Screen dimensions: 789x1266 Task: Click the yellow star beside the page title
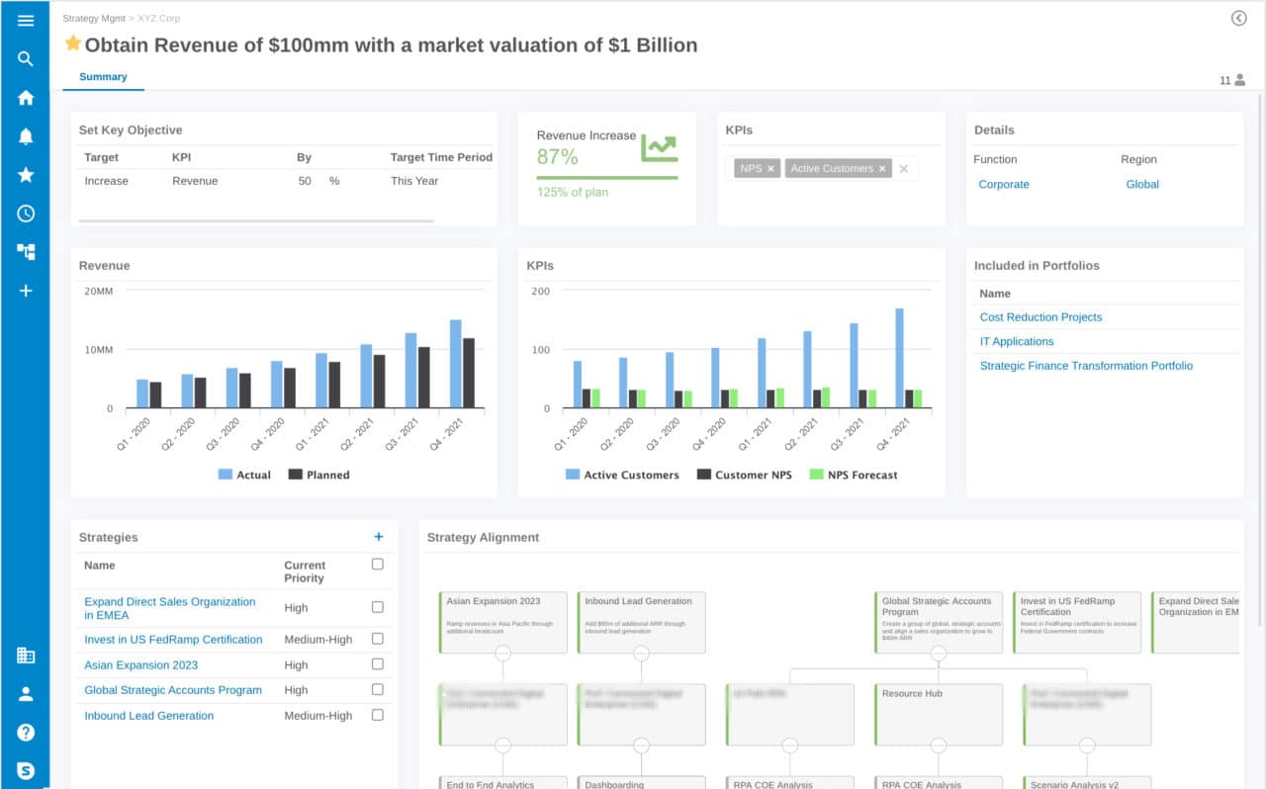coord(72,44)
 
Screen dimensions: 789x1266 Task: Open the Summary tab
coord(103,77)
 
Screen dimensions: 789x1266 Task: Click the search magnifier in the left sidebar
coord(26,59)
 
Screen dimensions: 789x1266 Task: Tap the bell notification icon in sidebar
coord(26,136)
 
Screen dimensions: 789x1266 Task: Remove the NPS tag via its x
coord(771,169)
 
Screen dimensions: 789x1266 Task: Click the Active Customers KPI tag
coord(831,169)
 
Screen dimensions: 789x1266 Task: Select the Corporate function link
coord(1003,185)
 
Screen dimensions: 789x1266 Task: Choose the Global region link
coord(1141,185)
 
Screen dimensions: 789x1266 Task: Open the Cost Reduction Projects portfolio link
coord(1040,317)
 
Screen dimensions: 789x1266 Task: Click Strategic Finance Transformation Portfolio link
coord(1086,366)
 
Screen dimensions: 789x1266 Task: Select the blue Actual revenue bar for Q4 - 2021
coord(456,364)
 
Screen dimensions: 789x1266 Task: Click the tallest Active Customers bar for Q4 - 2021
coord(899,358)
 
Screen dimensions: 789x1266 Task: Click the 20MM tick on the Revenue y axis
coord(98,292)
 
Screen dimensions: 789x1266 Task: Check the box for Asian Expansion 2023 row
coord(377,664)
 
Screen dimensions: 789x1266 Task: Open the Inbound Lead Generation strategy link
coord(148,716)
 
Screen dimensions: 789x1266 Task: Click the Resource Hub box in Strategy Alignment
coord(938,714)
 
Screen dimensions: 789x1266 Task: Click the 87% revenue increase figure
coord(557,156)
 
